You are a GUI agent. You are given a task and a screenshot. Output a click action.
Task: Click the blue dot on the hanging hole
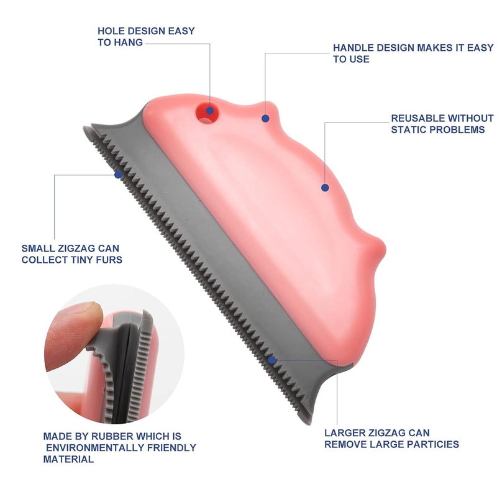click(209, 111)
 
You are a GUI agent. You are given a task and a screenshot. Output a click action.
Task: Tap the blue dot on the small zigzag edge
click(118, 175)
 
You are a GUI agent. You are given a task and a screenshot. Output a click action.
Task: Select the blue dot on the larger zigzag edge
click(272, 360)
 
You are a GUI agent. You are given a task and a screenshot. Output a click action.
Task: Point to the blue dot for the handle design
click(265, 119)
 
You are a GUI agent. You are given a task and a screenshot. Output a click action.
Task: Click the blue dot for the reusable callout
click(325, 188)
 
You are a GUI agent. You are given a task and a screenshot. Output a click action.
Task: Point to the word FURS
click(111, 260)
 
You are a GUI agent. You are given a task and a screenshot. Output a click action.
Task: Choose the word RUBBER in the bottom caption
click(112, 437)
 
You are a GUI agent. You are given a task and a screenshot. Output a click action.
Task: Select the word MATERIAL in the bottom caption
click(68, 459)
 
